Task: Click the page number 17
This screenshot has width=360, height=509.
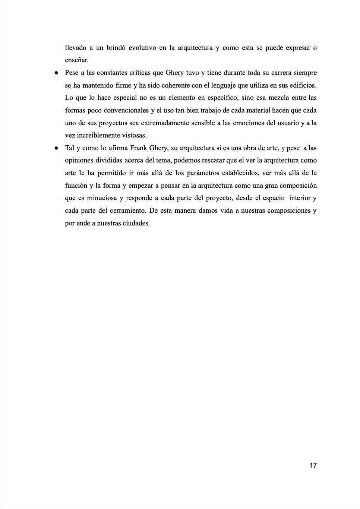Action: [313, 465]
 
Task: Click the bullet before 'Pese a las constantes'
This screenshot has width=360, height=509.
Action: [56, 73]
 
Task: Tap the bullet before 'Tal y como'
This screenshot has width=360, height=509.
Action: [56, 148]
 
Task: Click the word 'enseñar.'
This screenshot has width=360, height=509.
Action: [77, 60]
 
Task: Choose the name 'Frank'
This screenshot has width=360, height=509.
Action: [138, 148]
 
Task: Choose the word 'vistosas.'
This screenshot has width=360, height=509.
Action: [133, 135]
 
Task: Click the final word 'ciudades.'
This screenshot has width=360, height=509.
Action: [136, 223]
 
